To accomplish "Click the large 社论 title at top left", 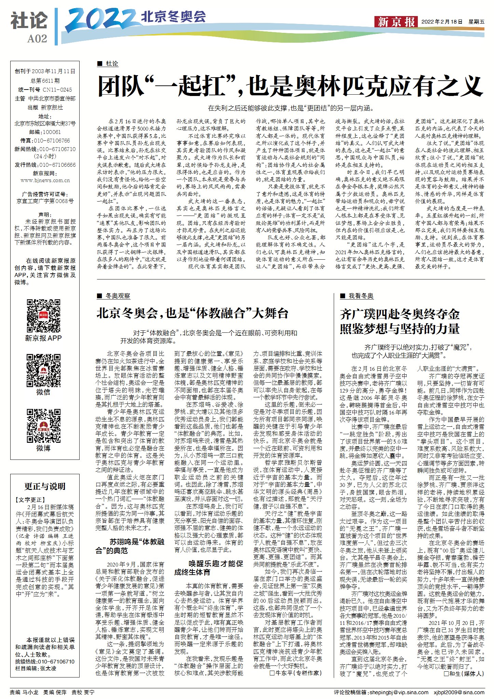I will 29,20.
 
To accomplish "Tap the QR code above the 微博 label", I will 43,426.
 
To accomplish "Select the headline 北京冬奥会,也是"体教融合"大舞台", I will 192,313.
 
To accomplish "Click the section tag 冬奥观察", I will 118,296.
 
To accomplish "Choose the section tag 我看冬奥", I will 361,296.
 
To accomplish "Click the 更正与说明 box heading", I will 45,486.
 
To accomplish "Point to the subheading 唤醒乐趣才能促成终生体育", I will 209,568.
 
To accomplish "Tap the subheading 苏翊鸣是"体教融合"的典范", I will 130,546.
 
